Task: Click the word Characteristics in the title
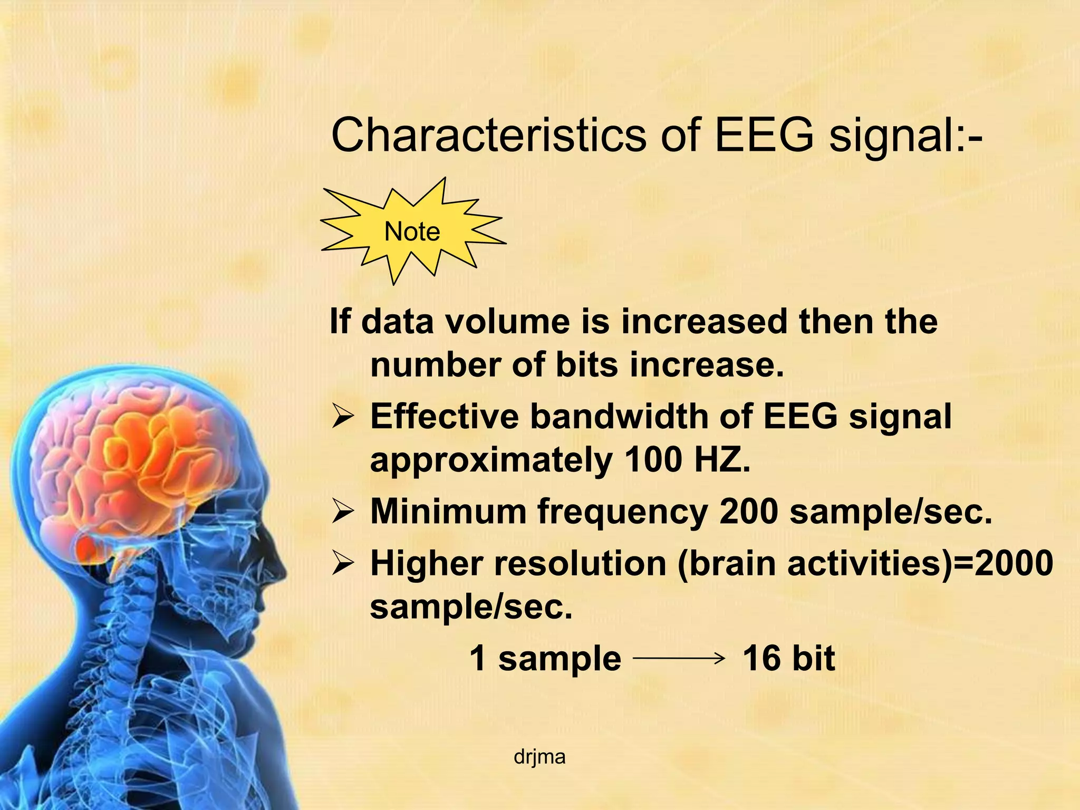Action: pyautogui.click(x=488, y=135)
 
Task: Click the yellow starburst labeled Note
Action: pyautogui.click(x=412, y=232)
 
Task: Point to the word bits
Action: pyautogui.click(x=586, y=364)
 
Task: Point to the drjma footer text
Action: pyautogui.click(x=539, y=757)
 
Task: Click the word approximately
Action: pyautogui.click(x=491, y=459)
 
